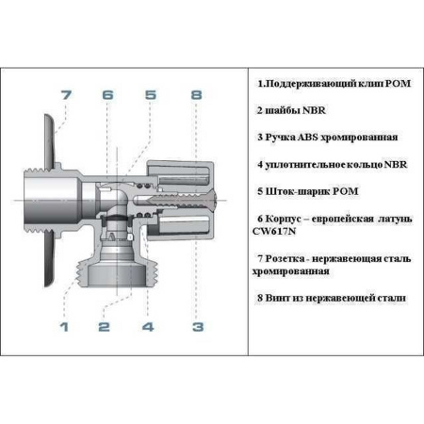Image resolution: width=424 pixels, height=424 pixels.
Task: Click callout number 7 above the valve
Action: tap(65, 95)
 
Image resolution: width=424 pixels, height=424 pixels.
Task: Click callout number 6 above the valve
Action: tap(107, 95)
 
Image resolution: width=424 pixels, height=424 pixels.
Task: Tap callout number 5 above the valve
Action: tap(151, 95)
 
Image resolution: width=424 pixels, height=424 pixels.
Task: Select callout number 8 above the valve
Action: tap(196, 95)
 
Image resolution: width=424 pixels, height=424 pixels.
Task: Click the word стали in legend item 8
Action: tap(388, 298)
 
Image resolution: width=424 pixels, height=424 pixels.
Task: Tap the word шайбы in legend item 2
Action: tap(283, 109)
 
